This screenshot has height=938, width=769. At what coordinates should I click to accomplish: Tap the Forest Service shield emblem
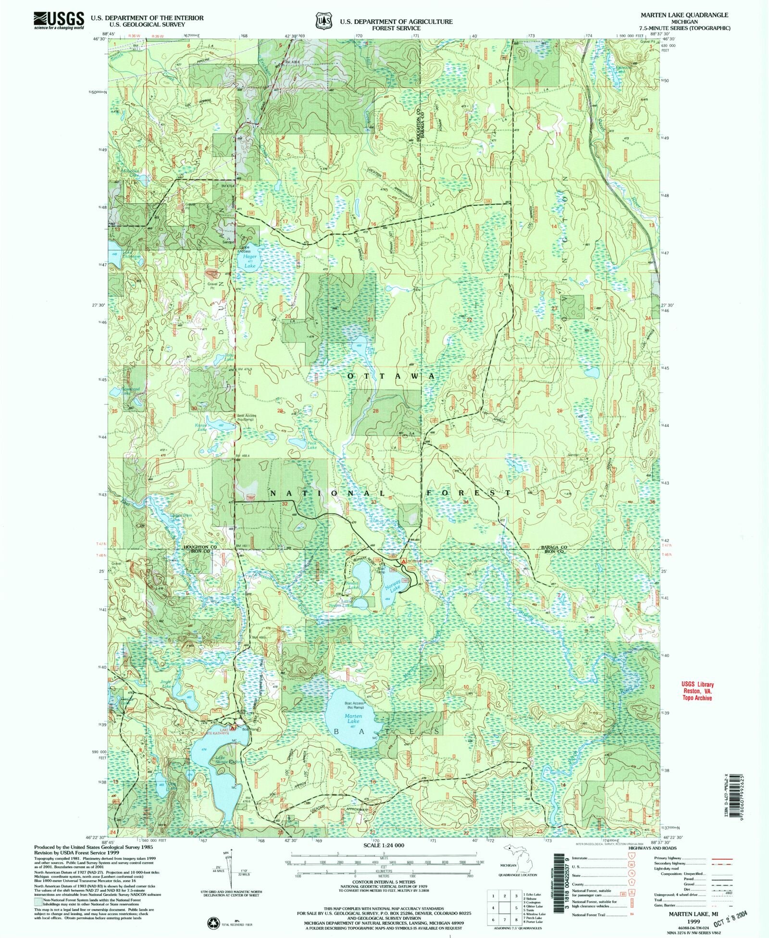click(x=323, y=21)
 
